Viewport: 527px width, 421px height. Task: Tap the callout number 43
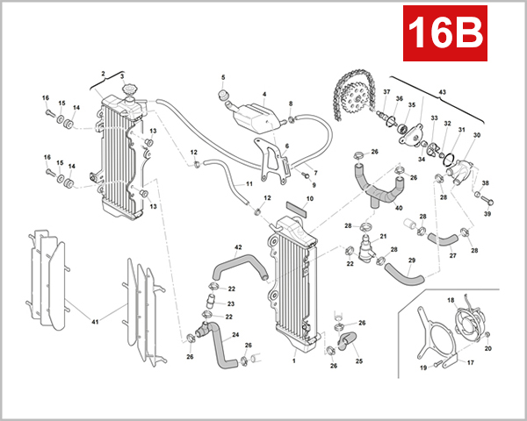coord(443,92)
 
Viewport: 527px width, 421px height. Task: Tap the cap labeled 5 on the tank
coord(223,95)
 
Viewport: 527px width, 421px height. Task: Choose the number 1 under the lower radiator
coord(293,360)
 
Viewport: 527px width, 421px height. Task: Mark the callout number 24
coord(236,334)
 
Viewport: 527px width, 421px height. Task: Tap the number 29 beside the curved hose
coord(412,260)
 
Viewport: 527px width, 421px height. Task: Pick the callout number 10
coord(307,200)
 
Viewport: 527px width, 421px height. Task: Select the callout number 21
coord(383,237)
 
